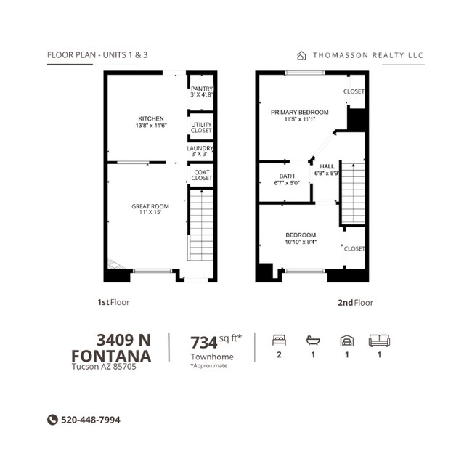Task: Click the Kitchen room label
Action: coord(151,122)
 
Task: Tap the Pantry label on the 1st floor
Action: coord(202,91)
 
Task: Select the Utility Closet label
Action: coord(201,128)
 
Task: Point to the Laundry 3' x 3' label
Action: coord(200,151)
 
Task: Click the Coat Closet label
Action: coord(202,175)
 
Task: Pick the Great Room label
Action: coord(150,209)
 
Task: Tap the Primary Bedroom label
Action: coord(299,115)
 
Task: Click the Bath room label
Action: coord(287,179)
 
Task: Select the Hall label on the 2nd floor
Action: coord(327,170)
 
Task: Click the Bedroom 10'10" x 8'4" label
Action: coord(301,238)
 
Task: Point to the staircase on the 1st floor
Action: coord(200,225)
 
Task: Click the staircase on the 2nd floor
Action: coord(354,193)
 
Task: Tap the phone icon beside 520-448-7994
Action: coord(52,420)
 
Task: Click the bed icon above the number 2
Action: coord(279,340)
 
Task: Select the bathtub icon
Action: coord(313,341)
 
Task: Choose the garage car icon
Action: coord(347,341)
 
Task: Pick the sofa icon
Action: coord(379,341)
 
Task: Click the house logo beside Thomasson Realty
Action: coord(301,56)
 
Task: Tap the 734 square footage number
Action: coord(204,343)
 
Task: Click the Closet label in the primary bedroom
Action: coord(354,91)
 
